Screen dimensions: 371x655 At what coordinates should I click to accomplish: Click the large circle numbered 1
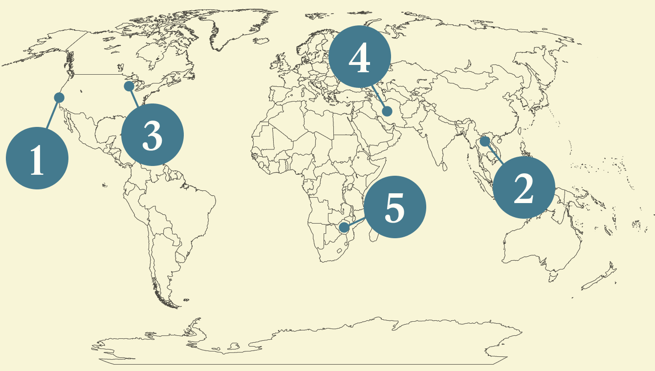pyautogui.click(x=37, y=158)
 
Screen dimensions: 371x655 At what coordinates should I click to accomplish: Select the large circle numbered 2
pyautogui.click(x=524, y=187)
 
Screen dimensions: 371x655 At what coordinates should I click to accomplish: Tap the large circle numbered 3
pyautogui.click(x=152, y=135)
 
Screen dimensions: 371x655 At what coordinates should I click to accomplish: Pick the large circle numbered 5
pyautogui.click(x=395, y=207)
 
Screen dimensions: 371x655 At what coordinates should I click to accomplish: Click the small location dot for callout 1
pyautogui.click(x=59, y=97)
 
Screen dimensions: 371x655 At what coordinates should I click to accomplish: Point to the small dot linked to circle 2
pyautogui.click(x=484, y=141)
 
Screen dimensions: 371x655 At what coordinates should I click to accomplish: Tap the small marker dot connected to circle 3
pyautogui.click(x=129, y=86)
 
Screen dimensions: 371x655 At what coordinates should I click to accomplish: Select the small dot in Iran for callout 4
pyautogui.click(x=387, y=111)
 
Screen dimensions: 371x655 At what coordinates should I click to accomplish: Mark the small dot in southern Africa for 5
pyautogui.click(x=344, y=227)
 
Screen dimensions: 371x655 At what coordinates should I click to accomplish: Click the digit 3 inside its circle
pyautogui.click(x=152, y=135)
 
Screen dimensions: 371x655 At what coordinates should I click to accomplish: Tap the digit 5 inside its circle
pyautogui.click(x=395, y=207)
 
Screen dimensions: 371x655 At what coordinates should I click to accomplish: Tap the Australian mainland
pyautogui.click(x=538, y=249)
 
